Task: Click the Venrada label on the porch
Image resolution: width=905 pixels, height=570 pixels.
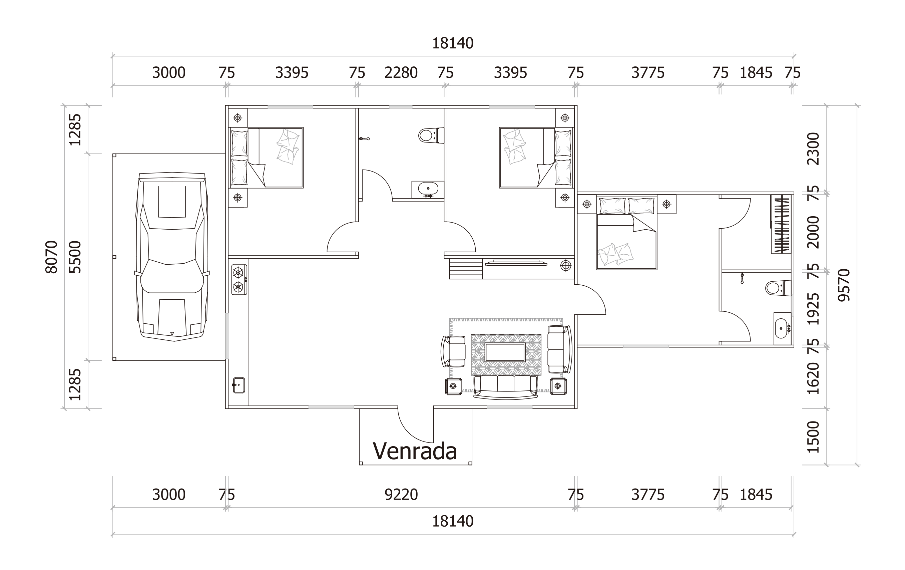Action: click(x=415, y=451)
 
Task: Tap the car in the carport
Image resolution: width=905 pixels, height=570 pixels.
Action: click(x=172, y=257)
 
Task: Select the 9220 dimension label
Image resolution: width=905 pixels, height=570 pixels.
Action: click(x=401, y=495)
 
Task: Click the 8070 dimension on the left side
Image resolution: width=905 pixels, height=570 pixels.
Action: click(x=51, y=257)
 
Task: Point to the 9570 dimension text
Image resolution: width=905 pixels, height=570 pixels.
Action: click(x=844, y=285)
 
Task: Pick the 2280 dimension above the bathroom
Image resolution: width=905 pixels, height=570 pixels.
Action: click(x=401, y=72)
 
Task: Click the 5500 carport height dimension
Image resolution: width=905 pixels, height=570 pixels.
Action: click(x=75, y=257)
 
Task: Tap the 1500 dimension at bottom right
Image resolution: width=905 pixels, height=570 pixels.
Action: click(x=813, y=437)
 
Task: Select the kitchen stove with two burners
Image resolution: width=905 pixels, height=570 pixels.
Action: click(x=240, y=280)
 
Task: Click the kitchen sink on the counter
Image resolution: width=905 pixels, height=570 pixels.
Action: click(x=239, y=385)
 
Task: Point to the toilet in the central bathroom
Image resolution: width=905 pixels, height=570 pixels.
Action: click(x=431, y=135)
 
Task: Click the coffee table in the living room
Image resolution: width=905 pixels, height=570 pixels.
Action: click(x=505, y=352)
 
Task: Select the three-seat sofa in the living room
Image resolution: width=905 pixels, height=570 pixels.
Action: click(x=505, y=387)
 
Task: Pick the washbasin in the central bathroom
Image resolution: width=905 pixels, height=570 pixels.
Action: click(x=428, y=190)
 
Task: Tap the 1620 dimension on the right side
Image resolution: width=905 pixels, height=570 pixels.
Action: click(x=813, y=378)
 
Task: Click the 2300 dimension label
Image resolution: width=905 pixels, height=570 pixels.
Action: click(x=813, y=149)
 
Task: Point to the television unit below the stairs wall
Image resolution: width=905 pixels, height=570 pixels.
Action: click(x=516, y=262)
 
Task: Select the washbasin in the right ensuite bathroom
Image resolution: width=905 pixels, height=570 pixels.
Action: click(x=782, y=328)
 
